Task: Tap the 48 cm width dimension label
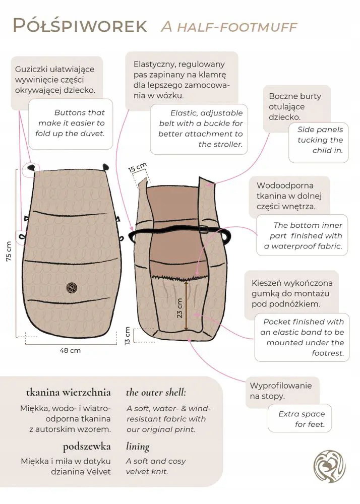70,350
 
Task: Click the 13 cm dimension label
128,335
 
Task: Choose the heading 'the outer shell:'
156,393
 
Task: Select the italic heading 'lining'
138,447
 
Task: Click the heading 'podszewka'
87,447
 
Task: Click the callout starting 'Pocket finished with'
302,338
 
